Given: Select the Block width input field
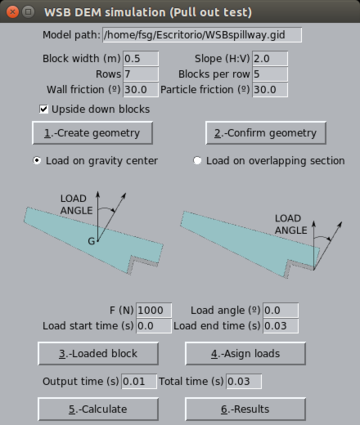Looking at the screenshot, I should point(140,58).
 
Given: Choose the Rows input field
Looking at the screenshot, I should point(140,74).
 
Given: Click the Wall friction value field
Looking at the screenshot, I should point(140,90).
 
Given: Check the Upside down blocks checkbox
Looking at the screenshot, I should point(44,108).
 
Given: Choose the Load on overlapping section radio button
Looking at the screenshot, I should point(198,160).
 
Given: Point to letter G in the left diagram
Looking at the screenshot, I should point(91,241).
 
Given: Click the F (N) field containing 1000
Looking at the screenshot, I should point(154,310).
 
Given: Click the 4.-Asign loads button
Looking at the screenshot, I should point(254,353).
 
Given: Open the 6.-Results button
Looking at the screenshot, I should point(254,409).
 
